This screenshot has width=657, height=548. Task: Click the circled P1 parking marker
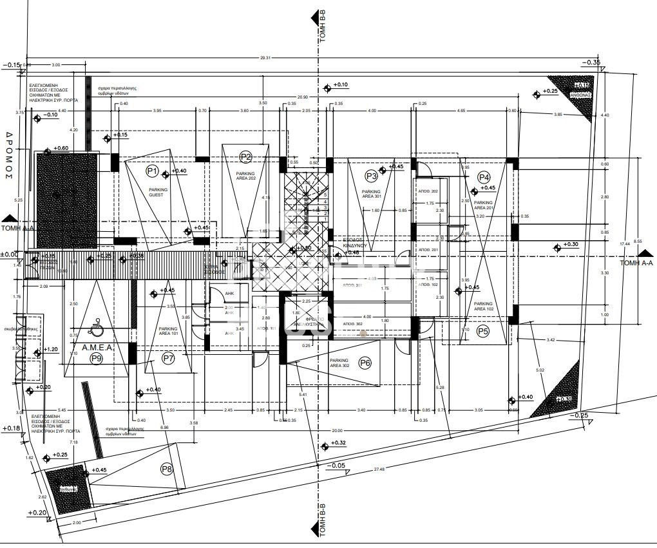coord(152,171)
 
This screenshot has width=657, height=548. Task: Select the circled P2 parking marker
coord(245,156)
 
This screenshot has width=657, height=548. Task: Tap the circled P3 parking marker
coord(371,176)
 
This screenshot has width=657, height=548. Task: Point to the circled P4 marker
coord(484,177)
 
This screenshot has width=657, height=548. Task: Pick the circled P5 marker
coord(484,332)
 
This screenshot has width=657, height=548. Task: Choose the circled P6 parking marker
coord(365,363)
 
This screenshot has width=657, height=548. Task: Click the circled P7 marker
coord(168,357)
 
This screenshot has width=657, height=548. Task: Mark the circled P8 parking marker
coord(167,469)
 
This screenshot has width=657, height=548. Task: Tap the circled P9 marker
coord(97,358)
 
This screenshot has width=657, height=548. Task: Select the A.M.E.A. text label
coord(98,347)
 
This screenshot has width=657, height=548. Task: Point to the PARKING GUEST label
coord(158,192)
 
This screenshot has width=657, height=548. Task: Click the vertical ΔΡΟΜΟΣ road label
coord(10,155)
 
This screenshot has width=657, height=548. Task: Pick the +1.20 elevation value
coord(51,350)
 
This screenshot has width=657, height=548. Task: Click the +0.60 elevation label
coord(61,149)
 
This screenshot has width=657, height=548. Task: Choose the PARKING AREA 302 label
coord(339,363)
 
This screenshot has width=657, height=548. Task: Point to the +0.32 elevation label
coord(339,443)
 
